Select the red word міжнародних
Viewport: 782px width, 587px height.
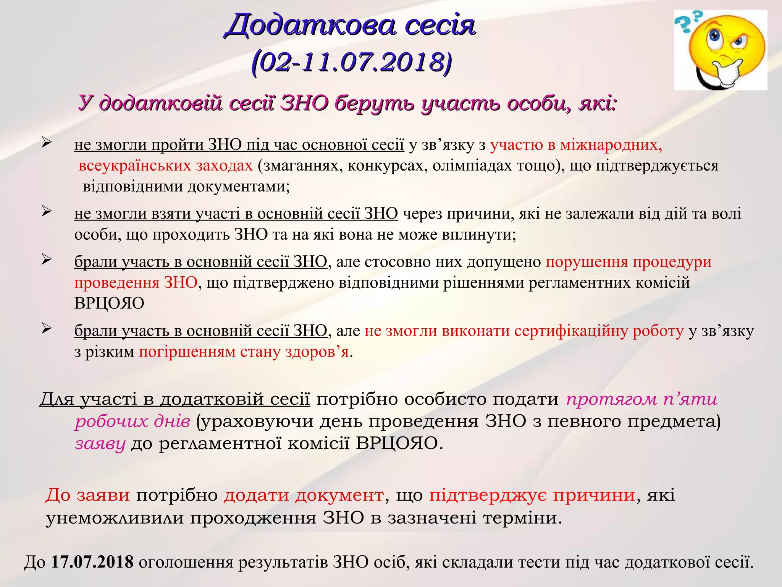pos(611,145)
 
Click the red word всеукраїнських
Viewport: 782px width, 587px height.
pos(136,165)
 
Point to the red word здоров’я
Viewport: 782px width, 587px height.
pos(317,352)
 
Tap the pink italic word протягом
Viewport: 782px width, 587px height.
pos(612,399)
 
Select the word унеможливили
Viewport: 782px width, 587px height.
pos(115,518)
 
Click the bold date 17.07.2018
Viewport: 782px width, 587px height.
pos(92,562)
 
